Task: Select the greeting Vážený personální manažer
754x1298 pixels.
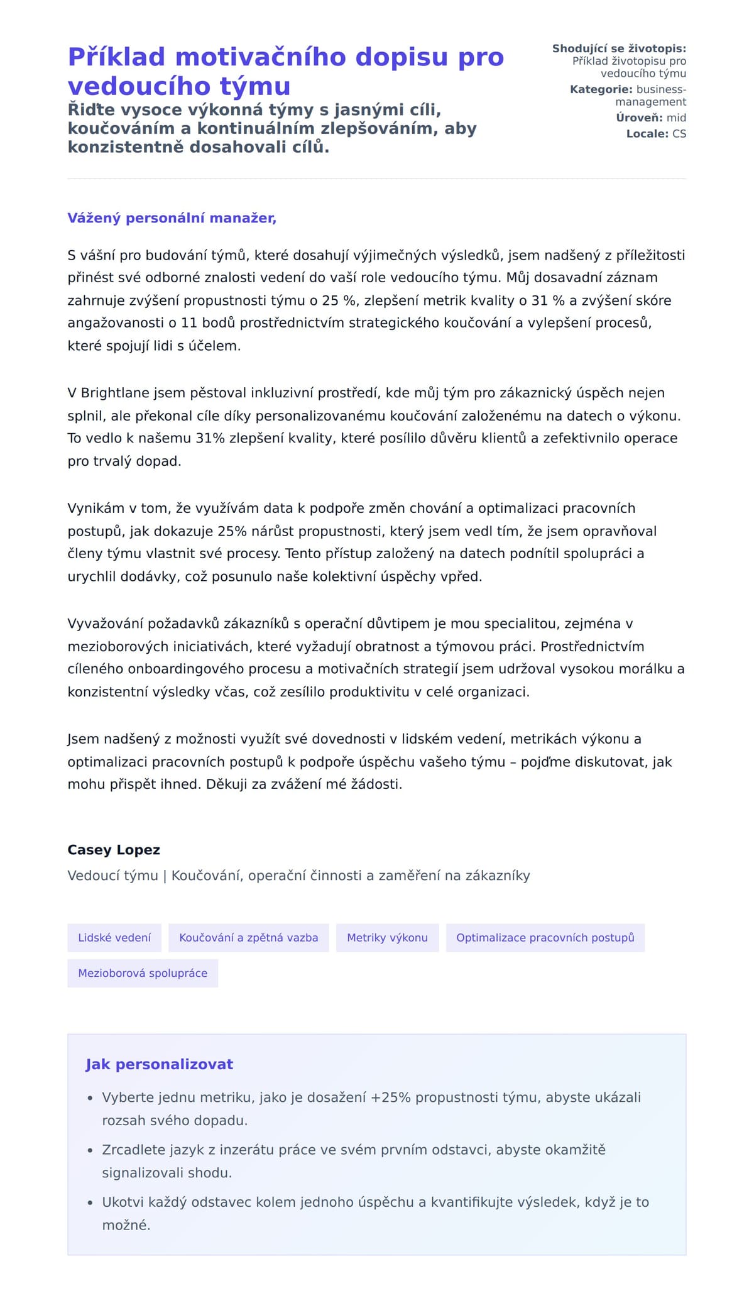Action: pyautogui.click(x=172, y=218)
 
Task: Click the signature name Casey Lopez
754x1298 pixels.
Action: pyautogui.click(x=114, y=850)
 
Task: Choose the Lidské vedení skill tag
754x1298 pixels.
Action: pyautogui.click(x=114, y=938)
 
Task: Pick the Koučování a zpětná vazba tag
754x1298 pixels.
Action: pyautogui.click(x=249, y=938)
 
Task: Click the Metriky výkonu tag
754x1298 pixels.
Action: pyautogui.click(x=387, y=938)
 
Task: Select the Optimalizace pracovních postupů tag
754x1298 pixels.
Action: pyautogui.click(x=545, y=938)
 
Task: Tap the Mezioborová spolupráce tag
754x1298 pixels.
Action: pyautogui.click(x=143, y=973)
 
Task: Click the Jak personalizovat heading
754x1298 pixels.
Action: pyautogui.click(x=160, y=1064)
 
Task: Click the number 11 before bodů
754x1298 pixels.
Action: pyautogui.click(x=189, y=323)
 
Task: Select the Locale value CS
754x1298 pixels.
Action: pyautogui.click(x=679, y=134)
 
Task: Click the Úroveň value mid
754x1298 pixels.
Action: pyautogui.click(x=676, y=118)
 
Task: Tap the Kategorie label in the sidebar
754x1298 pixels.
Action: pyautogui.click(x=601, y=89)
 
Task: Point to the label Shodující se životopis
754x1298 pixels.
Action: pyautogui.click(x=619, y=48)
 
